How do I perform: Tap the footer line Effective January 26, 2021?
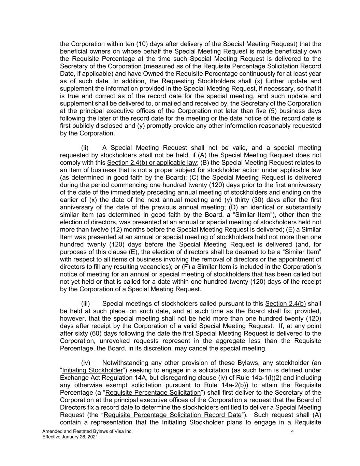coord(70,437)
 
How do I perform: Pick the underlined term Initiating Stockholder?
coord(92,370)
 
